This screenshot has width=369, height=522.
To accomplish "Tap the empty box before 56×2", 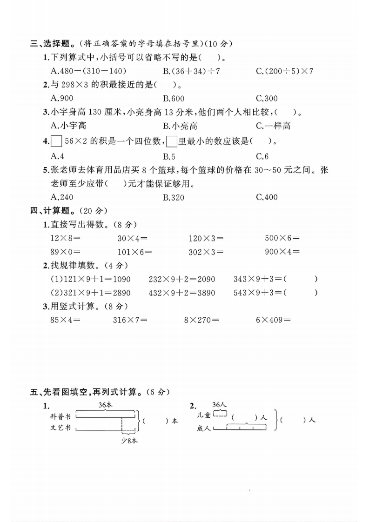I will pos(56,140).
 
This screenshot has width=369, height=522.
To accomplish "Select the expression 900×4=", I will pos(282,252).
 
